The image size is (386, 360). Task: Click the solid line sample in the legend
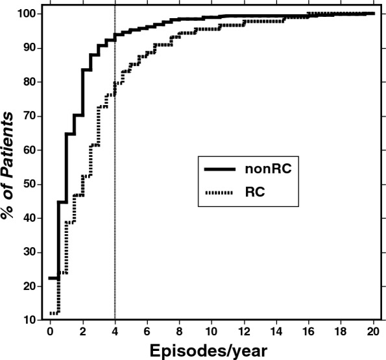click(x=223, y=169)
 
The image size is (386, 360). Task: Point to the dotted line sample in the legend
click(x=223, y=193)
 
